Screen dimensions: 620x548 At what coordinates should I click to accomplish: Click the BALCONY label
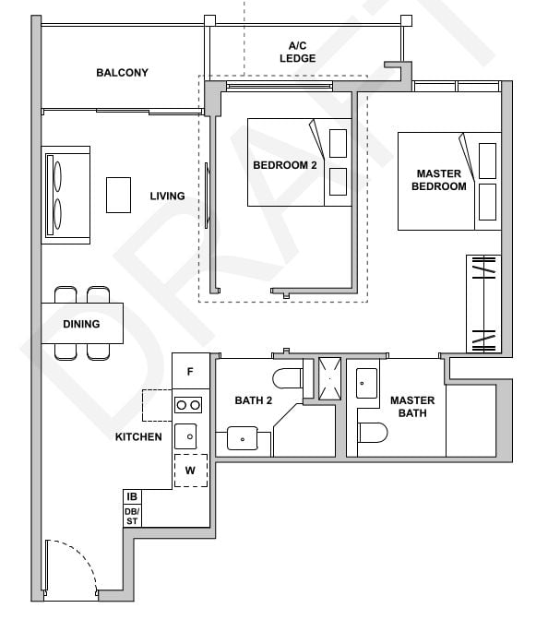pyautogui.click(x=122, y=73)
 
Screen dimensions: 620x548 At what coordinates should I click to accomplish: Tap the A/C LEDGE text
pyautogui.click(x=297, y=52)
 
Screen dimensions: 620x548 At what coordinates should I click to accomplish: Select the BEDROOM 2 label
pyautogui.click(x=285, y=165)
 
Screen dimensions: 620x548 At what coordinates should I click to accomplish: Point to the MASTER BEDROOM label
pyautogui.click(x=440, y=180)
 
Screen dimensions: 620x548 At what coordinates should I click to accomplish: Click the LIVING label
pyautogui.click(x=167, y=196)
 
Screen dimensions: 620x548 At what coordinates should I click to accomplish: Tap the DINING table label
pyautogui.click(x=81, y=324)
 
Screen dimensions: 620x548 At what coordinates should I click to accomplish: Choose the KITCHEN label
pyautogui.click(x=138, y=436)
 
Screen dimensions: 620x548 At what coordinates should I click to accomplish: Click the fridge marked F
pyautogui.click(x=189, y=372)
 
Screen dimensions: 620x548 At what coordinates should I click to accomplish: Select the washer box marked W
pyautogui.click(x=190, y=470)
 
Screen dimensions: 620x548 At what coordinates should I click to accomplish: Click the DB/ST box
pyautogui.click(x=132, y=516)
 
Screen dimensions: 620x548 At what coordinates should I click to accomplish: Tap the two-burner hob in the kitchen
pyautogui.click(x=189, y=404)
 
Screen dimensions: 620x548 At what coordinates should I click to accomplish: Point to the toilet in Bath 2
pyautogui.click(x=288, y=378)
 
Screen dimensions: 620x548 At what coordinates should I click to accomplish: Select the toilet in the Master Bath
pyautogui.click(x=373, y=433)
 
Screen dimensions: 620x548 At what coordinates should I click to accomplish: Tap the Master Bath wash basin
pyautogui.click(x=365, y=381)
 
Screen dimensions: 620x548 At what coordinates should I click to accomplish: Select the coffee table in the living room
pyautogui.click(x=119, y=195)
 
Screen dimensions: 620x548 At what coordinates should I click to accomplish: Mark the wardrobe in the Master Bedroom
pyautogui.click(x=484, y=304)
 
